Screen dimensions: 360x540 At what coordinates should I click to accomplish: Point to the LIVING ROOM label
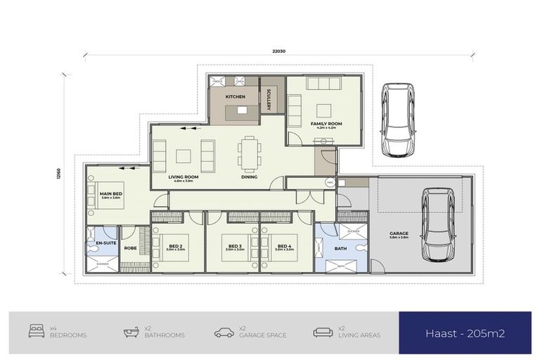(x=184, y=177)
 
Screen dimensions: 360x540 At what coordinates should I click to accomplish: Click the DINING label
(x=248, y=177)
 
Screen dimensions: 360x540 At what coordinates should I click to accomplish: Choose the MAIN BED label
(x=111, y=194)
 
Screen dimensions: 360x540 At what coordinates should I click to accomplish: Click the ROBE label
(x=130, y=247)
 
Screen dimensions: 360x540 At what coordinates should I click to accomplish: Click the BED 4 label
(x=285, y=245)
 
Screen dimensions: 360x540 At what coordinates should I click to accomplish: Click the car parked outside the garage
(x=396, y=120)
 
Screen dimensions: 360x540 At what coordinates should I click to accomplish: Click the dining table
(x=248, y=153)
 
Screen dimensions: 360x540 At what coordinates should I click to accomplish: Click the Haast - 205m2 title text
(x=465, y=333)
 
